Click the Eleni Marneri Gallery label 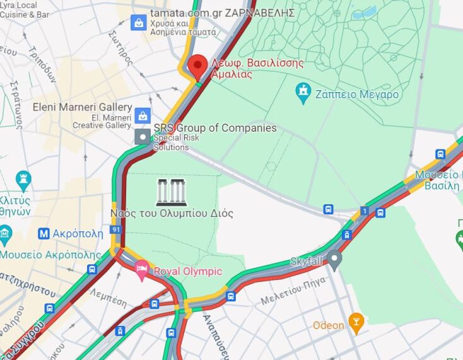click(82, 107)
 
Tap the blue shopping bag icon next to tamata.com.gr click(138, 24)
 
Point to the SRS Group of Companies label click(215, 128)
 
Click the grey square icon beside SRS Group click(143, 136)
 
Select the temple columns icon click(172, 192)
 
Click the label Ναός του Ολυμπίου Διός click(172, 213)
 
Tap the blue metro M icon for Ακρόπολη click(44, 233)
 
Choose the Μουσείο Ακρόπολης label click(50, 255)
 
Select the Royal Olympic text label click(188, 271)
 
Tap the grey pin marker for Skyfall click(334, 258)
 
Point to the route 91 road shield click(115, 229)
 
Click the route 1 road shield click(364, 210)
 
